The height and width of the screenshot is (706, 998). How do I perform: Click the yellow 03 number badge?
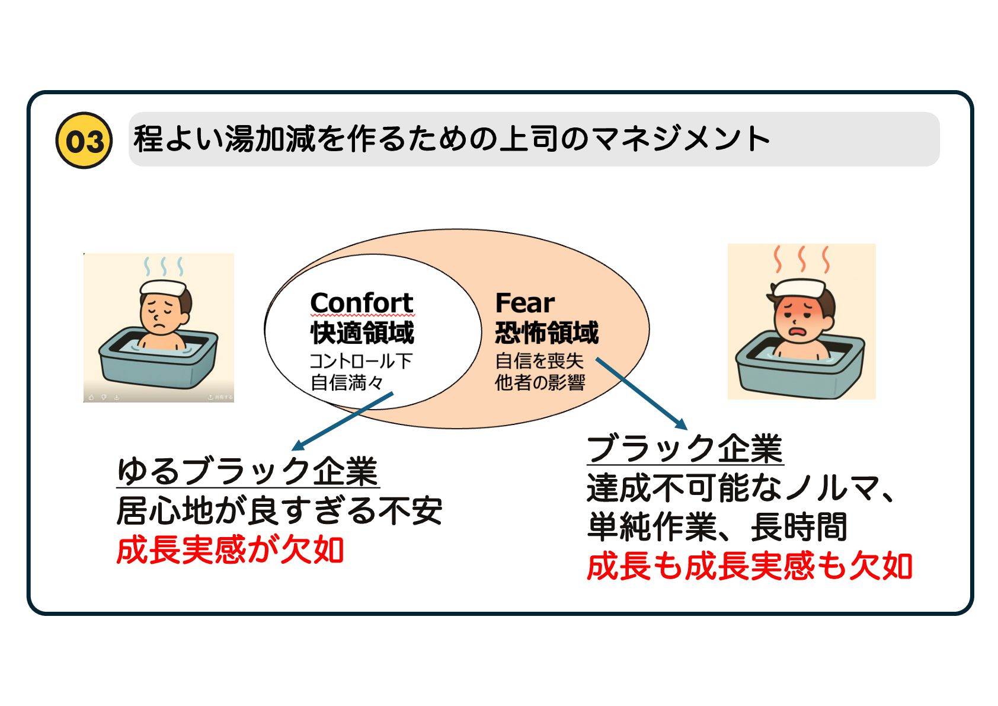pos(84,140)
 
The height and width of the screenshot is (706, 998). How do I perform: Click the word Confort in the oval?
pos(362,302)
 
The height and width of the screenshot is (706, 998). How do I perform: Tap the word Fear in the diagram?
pos(524,303)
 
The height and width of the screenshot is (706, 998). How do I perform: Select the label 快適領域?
pos(362,333)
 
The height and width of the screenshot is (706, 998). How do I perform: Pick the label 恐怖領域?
pos(546,333)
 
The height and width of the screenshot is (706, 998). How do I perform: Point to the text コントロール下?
pos(360,361)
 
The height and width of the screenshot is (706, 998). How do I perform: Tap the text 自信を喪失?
pos(539,361)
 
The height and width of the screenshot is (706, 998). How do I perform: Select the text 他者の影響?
pos(539,383)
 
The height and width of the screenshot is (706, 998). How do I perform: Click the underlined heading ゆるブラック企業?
pos(247,472)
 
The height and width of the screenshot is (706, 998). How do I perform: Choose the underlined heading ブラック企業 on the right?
pos(684,449)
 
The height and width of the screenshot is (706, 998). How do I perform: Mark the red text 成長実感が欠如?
pos(230,550)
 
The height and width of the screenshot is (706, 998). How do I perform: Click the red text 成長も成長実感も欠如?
pos(749,566)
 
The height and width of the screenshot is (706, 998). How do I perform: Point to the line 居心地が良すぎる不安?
pos(279,510)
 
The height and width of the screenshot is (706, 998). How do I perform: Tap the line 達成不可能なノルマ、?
pos(741,488)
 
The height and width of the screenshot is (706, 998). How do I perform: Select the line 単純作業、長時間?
pos(717,526)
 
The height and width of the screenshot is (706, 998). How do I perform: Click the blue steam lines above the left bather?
pos(164,266)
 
